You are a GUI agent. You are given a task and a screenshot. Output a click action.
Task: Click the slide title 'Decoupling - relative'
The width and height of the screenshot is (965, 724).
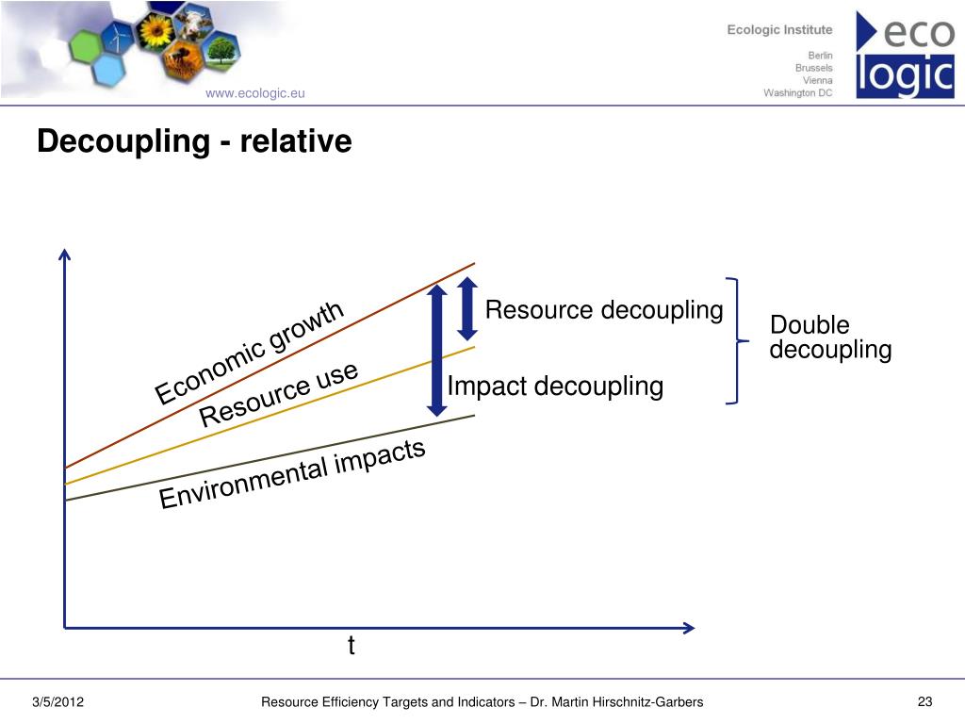click(194, 142)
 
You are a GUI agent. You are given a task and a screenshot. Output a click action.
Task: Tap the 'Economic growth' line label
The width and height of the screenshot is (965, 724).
click(251, 353)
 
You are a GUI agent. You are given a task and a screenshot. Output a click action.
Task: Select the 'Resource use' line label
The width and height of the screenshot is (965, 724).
click(280, 394)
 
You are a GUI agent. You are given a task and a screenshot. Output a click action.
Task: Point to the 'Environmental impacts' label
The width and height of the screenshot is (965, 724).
click(293, 475)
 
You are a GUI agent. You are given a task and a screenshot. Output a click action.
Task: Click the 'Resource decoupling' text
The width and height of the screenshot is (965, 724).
click(603, 310)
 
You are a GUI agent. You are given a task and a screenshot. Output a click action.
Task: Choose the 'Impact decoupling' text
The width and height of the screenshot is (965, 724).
click(555, 387)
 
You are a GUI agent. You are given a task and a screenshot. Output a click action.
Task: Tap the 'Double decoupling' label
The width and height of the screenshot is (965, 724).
click(829, 338)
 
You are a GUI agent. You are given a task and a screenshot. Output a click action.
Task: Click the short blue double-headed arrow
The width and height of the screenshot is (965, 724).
click(467, 308)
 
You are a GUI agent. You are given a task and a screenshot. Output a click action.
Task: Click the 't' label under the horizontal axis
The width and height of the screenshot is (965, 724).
click(351, 646)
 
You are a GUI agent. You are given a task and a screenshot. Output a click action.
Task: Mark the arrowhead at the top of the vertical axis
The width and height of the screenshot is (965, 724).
click(64, 255)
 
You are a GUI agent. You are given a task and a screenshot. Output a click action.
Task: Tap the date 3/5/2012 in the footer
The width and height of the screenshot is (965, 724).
click(58, 701)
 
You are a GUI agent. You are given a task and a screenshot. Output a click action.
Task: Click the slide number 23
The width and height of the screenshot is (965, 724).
click(924, 701)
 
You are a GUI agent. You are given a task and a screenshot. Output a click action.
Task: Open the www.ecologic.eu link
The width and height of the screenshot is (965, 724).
click(255, 92)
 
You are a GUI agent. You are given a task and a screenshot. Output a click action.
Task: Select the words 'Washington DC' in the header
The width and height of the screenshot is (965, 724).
click(798, 92)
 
